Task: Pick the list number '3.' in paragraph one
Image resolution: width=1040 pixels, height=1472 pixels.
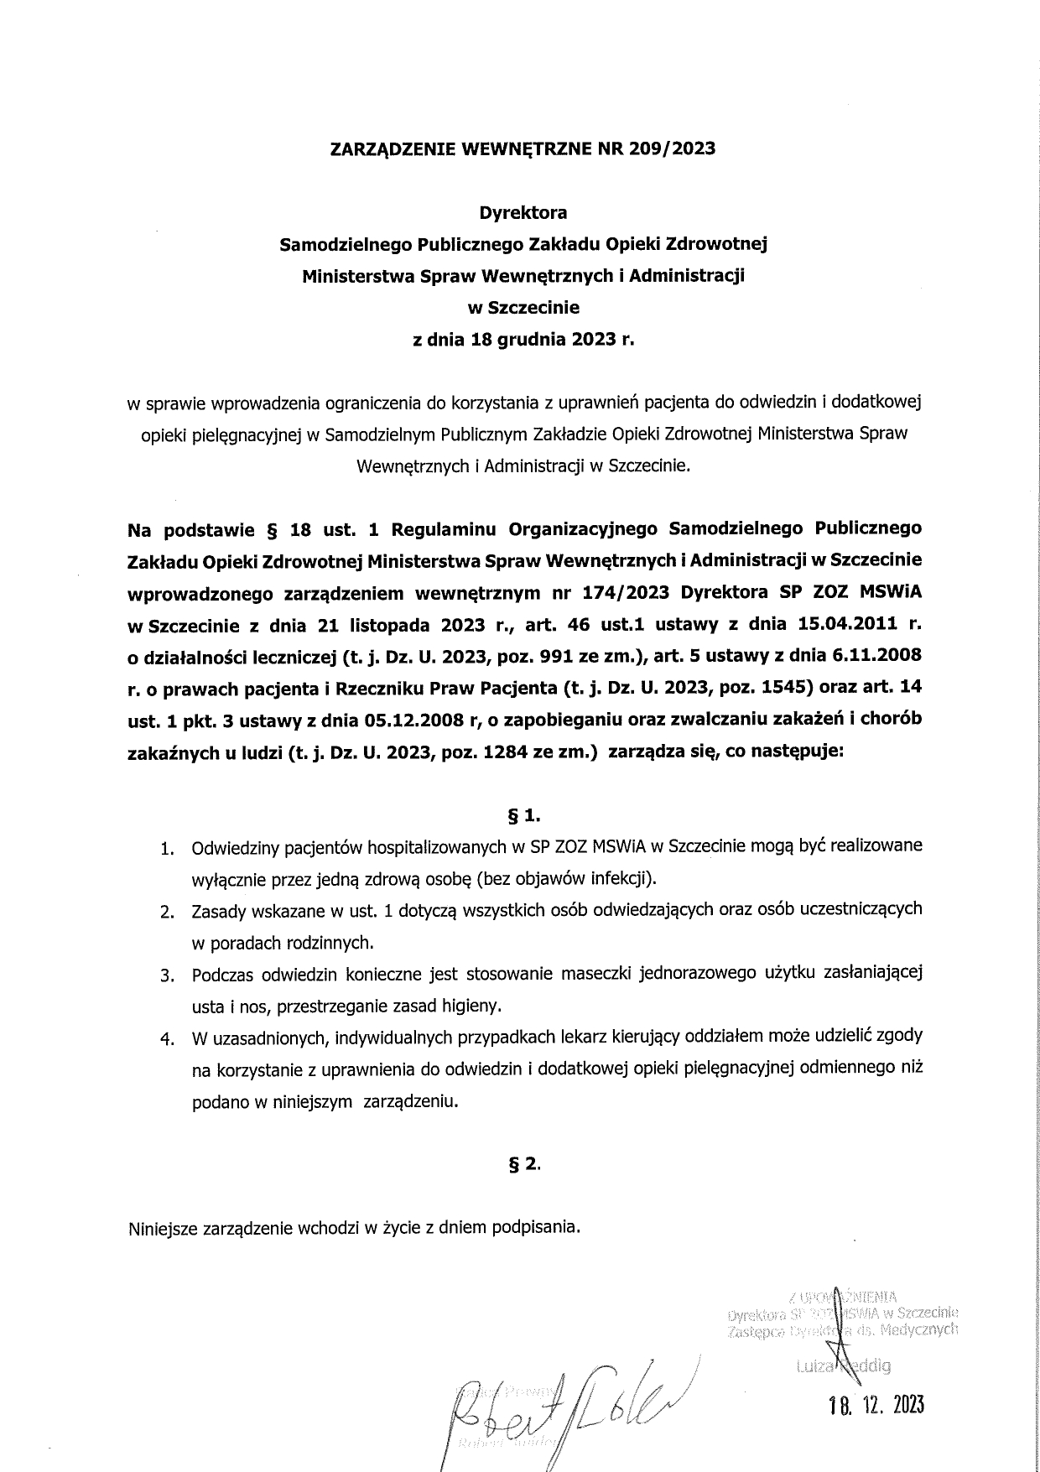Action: (x=168, y=975)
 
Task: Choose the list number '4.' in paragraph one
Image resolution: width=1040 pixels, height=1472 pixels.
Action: (x=168, y=1039)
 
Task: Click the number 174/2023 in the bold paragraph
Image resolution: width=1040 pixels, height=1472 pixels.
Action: (x=621, y=593)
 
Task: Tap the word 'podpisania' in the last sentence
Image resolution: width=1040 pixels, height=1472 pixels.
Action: (x=534, y=1228)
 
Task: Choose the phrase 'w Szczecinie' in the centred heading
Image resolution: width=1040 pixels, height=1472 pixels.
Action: (x=523, y=308)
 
